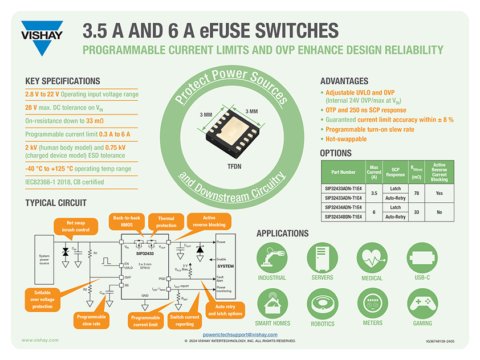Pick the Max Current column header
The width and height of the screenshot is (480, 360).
(x=373, y=172)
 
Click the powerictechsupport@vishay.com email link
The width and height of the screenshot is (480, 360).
(x=239, y=336)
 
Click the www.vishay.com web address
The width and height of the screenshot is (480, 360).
(x=40, y=340)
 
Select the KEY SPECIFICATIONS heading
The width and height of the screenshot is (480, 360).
(x=63, y=81)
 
